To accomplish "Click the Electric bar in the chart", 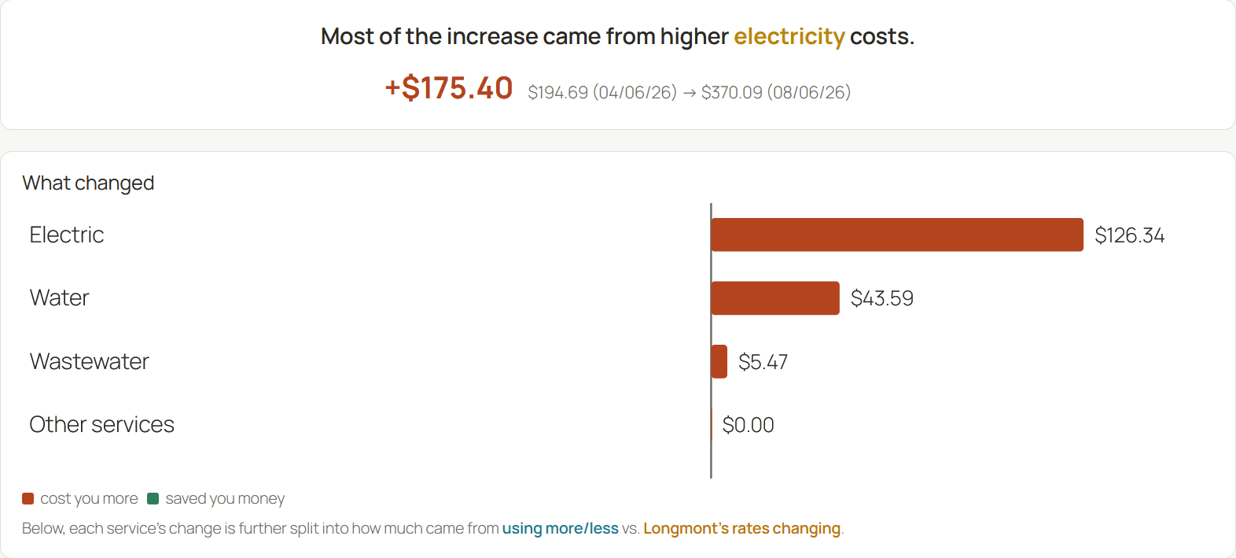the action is point(897,235).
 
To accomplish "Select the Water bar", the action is point(775,298).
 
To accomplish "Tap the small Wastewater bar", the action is point(719,362).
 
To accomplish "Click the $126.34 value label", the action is point(1130,235).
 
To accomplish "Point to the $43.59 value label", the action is point(881,298).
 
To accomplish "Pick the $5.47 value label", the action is point(763,362).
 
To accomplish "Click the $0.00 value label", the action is point(749,425).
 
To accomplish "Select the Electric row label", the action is point(67,235).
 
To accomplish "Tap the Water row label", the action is point(60,297).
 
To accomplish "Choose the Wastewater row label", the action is point(90,361).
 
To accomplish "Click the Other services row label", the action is point(102,424).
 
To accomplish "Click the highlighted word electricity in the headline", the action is point(789,37).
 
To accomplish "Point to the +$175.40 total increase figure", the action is point(449,88).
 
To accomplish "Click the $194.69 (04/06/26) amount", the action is point(602,92).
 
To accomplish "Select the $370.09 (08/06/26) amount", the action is point(776,92).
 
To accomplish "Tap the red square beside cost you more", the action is point(28,499).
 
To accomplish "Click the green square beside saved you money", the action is point(153,499).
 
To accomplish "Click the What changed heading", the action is point(88,183).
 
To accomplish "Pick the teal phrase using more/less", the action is point(560,529).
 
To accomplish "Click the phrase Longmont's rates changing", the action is point(741,529).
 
